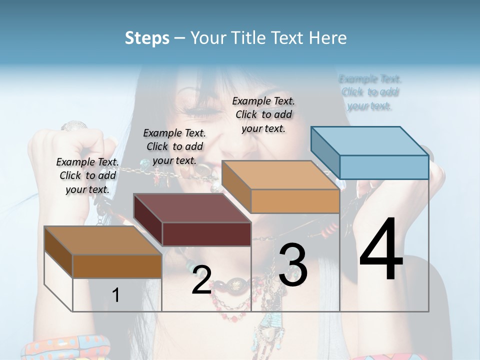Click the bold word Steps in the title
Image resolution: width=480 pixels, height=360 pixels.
147,38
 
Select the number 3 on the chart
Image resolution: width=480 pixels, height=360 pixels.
293,264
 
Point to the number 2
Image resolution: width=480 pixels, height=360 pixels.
201,280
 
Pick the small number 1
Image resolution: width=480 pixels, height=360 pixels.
116,295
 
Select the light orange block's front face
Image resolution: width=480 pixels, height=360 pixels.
295,201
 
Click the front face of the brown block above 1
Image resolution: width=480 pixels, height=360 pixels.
117,266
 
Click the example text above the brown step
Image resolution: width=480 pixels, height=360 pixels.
87,175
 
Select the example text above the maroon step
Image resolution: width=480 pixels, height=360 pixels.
174,146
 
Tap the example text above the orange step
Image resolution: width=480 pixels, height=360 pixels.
263,114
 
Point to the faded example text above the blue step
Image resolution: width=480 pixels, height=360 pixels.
370,92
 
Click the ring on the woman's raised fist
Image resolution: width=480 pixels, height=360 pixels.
74,126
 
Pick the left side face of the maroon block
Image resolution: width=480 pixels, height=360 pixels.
148,217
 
